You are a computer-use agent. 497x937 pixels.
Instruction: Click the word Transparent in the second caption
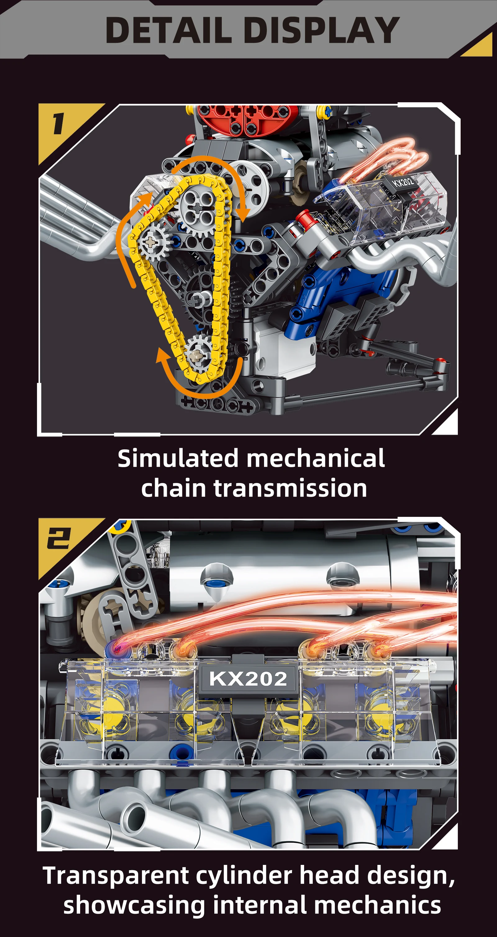tap(116, 876)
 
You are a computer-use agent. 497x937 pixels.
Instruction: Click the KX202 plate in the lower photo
tap(248, 679)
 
